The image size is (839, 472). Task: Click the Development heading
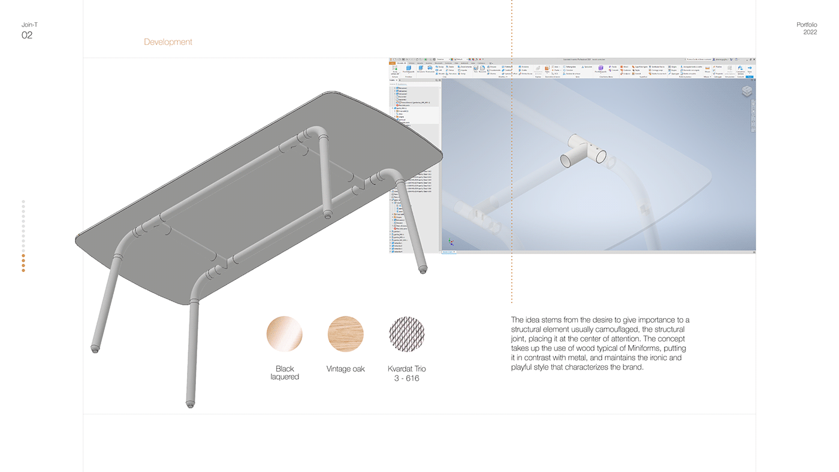point(168,42)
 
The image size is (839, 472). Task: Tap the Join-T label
point(29,25)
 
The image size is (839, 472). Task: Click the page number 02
point(27,35)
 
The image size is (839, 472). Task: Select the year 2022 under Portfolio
point(810,32)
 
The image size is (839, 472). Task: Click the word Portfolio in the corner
point(807,25)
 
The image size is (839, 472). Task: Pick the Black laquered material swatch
point(285,334)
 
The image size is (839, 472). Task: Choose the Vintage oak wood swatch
point(346,334)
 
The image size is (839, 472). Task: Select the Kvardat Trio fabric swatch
point(406,334)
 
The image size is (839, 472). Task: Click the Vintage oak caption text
point(346,369)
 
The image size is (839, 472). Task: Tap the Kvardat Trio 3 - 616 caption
point(406,373)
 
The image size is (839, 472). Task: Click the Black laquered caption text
point(285,373)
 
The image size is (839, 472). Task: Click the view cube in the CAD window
point(747,91)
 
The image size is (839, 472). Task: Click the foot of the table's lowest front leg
point(191,404)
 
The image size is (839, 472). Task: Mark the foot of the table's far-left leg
point(95,349)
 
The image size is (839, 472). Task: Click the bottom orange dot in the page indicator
point(23,271)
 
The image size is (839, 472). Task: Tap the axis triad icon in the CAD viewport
point(451,243)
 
